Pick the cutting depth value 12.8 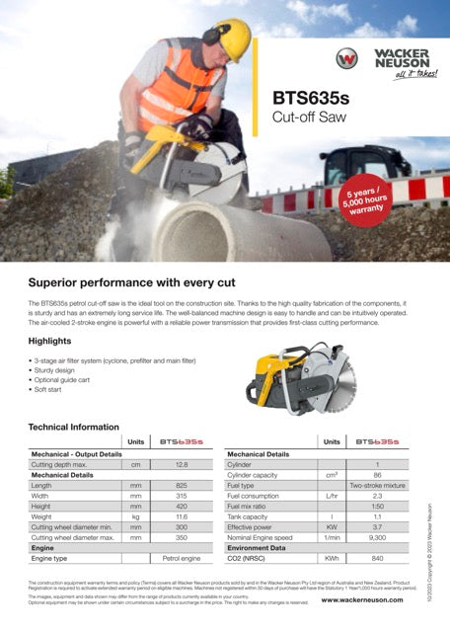pos(181,463)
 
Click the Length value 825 pos(181,485)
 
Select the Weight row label pos(41,516)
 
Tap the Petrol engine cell pos(181,557)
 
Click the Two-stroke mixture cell pos(378,485)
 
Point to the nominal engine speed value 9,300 pos(378,536)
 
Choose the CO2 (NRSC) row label pos(256,557)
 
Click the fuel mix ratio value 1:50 pos(378,506)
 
